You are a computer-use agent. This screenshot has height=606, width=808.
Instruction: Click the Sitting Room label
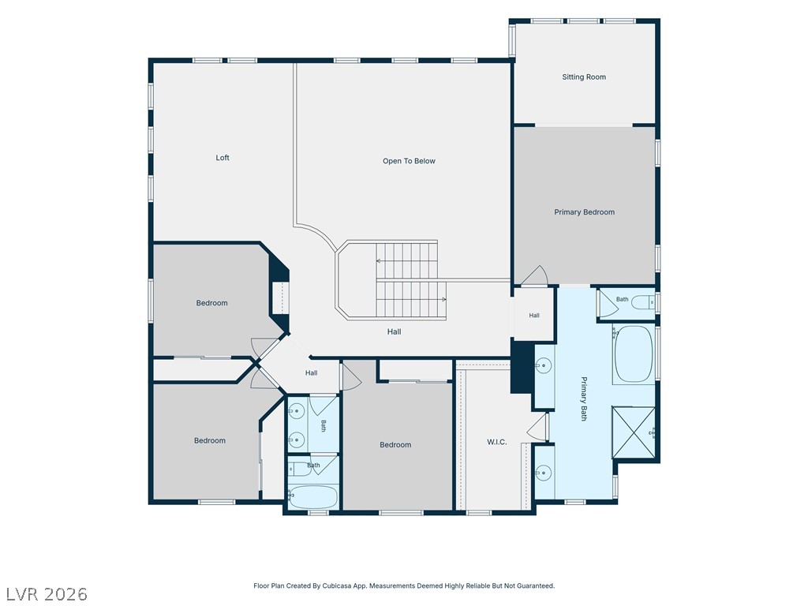(x=584, y=77)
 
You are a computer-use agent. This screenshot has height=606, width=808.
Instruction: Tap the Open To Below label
(x=409, y=161)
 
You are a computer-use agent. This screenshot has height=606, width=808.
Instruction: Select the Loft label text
(x=223, y=158)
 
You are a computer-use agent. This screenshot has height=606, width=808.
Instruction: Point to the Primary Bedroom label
(x=585, y=211)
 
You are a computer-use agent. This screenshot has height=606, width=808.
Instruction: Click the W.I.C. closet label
(x=497, y=442)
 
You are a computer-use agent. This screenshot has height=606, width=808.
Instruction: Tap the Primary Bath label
(x=584, y=398)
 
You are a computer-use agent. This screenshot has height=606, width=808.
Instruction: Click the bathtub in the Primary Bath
(x=634, y=354)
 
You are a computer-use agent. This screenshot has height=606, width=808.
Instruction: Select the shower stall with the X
(x=634, y=432)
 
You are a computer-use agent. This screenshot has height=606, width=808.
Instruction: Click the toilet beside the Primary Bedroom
(x=644, y=302)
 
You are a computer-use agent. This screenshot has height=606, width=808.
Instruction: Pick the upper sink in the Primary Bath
(x=543, y=366)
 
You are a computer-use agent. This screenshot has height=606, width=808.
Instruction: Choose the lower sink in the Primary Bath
(x=543, y=472)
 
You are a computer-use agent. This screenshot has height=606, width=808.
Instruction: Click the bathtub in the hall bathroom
(x=312, y=497)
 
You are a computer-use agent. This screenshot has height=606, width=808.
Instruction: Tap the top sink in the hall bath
(x=297, y=411)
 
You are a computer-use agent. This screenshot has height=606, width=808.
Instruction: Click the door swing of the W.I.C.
(x=537, y=427)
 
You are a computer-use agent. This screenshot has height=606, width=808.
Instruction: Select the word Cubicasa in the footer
(x=336, y=586)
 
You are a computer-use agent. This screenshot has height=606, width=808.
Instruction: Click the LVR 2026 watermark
(x=44, y=594)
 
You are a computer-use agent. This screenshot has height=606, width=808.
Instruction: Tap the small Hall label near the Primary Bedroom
(x=534, y=316)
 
